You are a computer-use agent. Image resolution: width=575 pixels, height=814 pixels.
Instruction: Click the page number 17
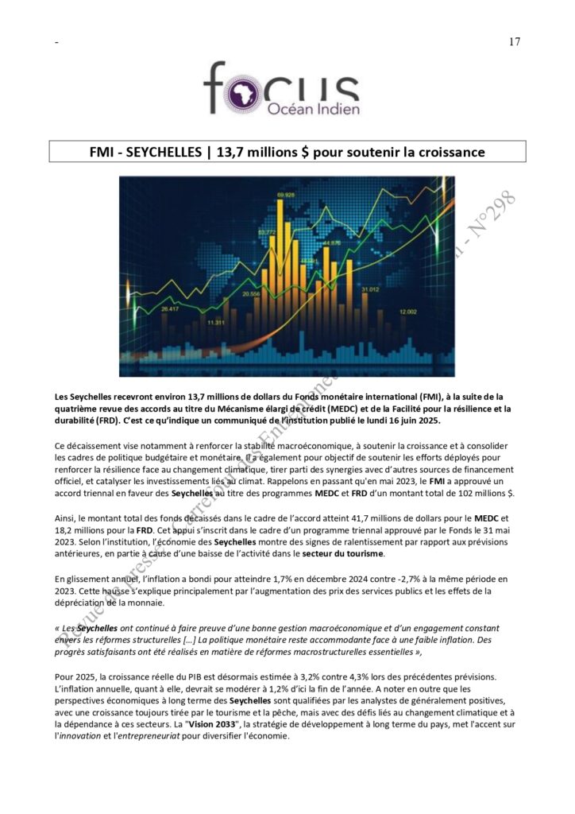click(514, 42)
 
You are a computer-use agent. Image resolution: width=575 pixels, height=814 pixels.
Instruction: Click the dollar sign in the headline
click(301, 151)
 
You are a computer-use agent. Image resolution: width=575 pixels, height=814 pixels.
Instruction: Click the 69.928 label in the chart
click(285, 195)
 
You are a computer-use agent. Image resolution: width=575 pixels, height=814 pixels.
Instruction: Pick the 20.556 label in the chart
click(251, 293)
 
